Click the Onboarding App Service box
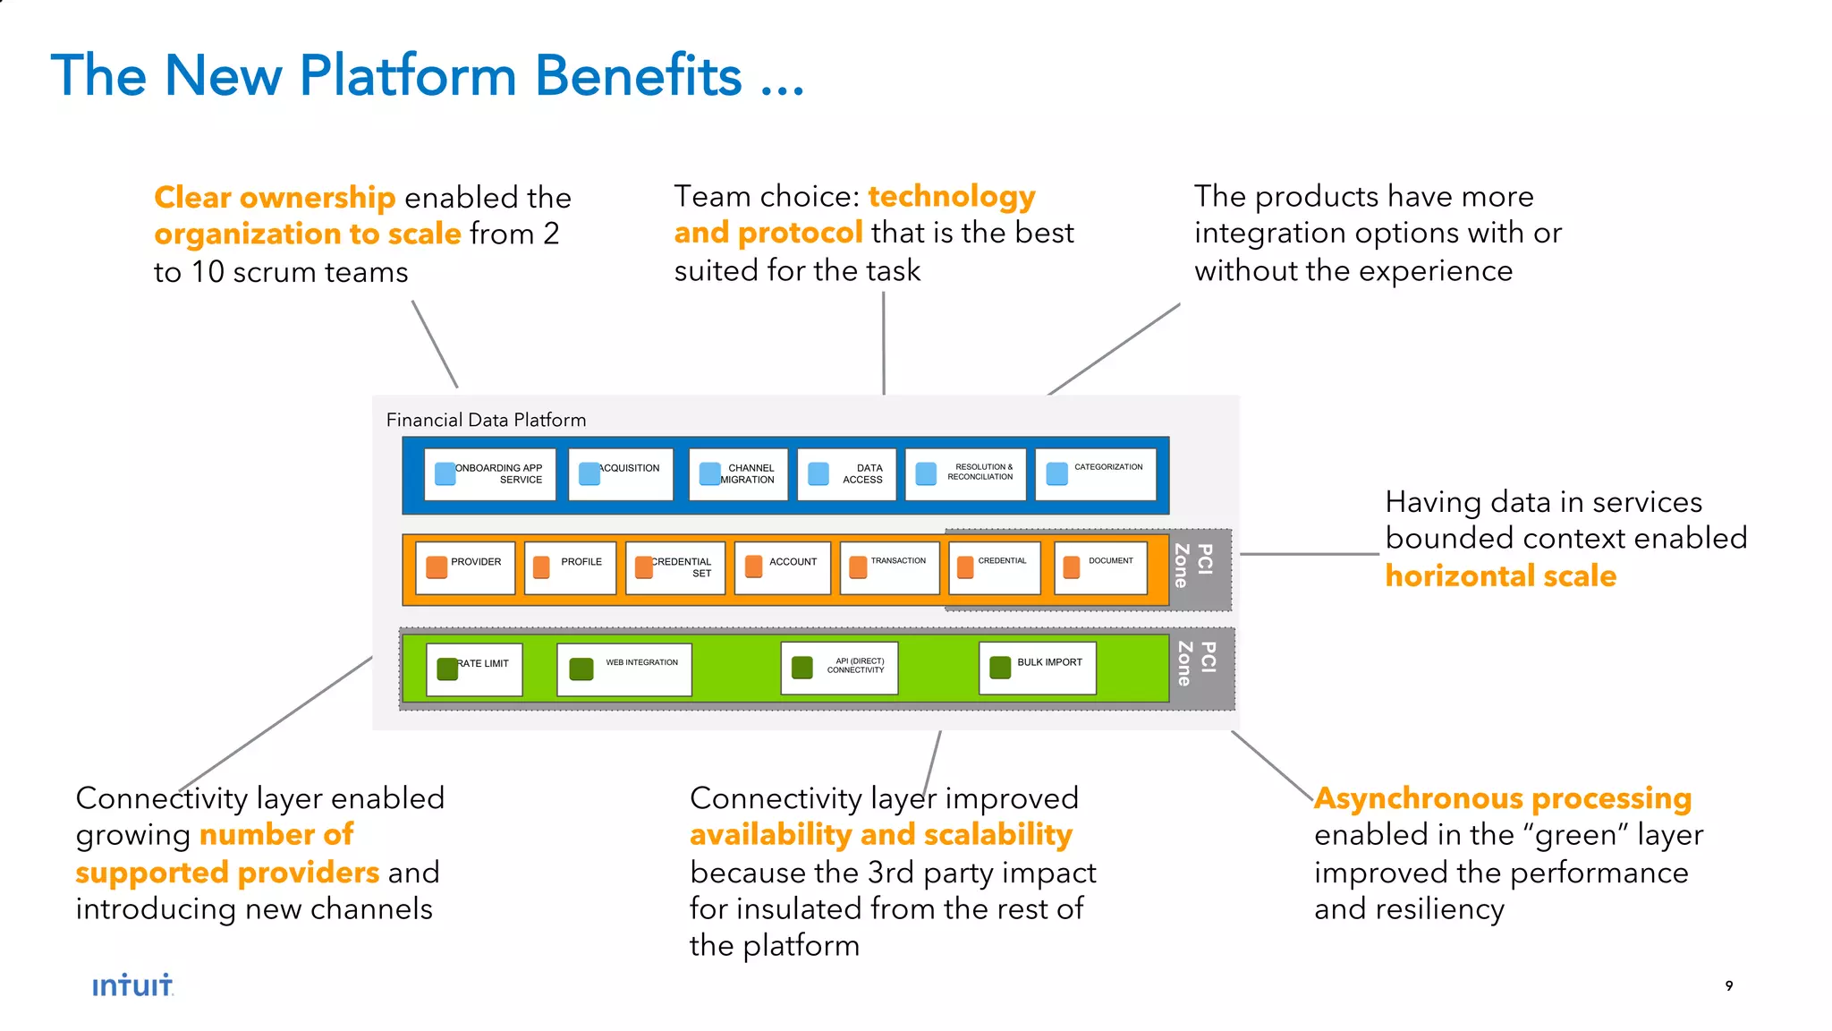(x=489, y=474)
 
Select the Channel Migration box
(x=738, y=474)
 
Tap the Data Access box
(x=846, y=474)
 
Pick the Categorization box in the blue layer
(x=1095, y=474)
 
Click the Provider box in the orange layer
(x=465, y=567)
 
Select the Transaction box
(x=889, y=567)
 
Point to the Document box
(x=1100, y=567)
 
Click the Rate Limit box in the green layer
(x=474, y=669)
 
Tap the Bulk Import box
(x=1037, y=668)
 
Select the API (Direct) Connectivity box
(x=839, y=668)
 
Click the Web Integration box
(x=623, y=669)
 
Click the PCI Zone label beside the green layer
(x=1196, y=664)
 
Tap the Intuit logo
(x=132, y=985)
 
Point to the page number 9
(x=1728, y=985)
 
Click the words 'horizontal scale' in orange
(x=1500, y=575)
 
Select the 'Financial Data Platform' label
(x=486, y=420)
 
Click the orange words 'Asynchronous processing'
(x=1502, y=797)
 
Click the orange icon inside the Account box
(x=754, y=566)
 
